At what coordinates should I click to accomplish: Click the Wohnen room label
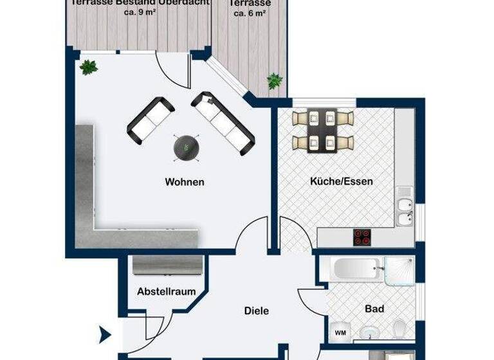pyautogui.click(x=185, y=182)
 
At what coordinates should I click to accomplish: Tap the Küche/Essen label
pyautogui.click(x=342, y=181)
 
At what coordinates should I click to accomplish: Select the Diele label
pyautogui.click(x=256, y=311)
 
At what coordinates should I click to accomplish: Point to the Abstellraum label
pyautogui.click(x=167, y=291)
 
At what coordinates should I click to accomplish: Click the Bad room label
pyautogui.click(x=374, y=309)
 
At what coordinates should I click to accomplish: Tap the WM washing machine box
pyautogui.click(x=339, y=332)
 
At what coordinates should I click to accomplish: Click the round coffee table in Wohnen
pyautogui.click(x=185, y=147)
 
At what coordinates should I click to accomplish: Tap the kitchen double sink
pyautogui.click(x=405, y=212)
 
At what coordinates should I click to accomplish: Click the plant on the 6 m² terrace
pyautogui.click(x=275, y=81)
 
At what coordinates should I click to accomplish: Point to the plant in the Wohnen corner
pyautogui.click(x=88, y=67)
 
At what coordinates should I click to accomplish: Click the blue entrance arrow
pyautogui.click(x=103, y=334)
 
